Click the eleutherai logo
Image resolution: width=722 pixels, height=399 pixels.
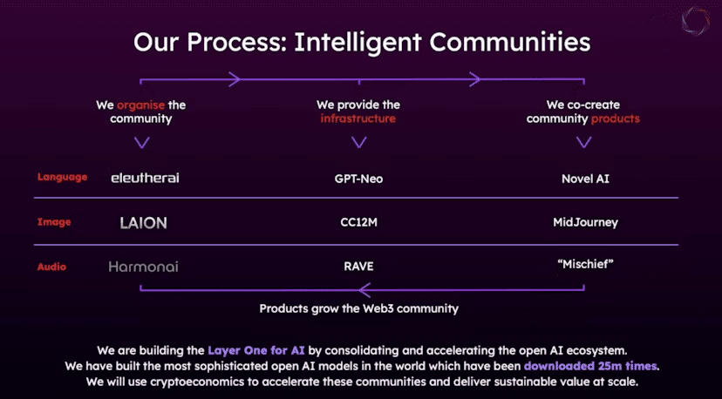click(145, 178)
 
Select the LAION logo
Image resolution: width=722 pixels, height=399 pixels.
click(143, 223)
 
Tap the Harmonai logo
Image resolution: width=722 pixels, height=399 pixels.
click(143, 267)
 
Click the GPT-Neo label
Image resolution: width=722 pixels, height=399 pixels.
click(358, 179)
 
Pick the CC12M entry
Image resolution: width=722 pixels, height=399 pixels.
click(358, 222)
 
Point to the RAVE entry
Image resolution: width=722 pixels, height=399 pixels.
click(358, 267)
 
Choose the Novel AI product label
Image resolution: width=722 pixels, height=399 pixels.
click(585, 179)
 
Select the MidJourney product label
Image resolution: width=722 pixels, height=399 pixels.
click(585, 223)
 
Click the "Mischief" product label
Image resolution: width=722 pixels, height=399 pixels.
click(585, 264)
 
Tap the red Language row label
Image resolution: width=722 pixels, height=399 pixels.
click(62, 177)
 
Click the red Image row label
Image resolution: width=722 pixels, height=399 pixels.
click(54, 222)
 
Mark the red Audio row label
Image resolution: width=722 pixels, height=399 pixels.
click(51, 267)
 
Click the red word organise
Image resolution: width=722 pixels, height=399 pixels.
click(140, 105)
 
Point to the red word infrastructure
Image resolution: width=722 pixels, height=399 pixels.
click(358, 118)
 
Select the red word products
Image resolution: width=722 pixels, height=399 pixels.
click(615, 118)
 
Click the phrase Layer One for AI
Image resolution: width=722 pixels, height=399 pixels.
click(256, 350)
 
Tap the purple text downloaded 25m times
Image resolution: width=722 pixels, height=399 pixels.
click(590, 366)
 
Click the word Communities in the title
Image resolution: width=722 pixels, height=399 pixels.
click(510, 43)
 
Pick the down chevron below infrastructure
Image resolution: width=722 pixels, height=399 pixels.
click(358, 142)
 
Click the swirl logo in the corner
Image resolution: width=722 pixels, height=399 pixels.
click(695, 20)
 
